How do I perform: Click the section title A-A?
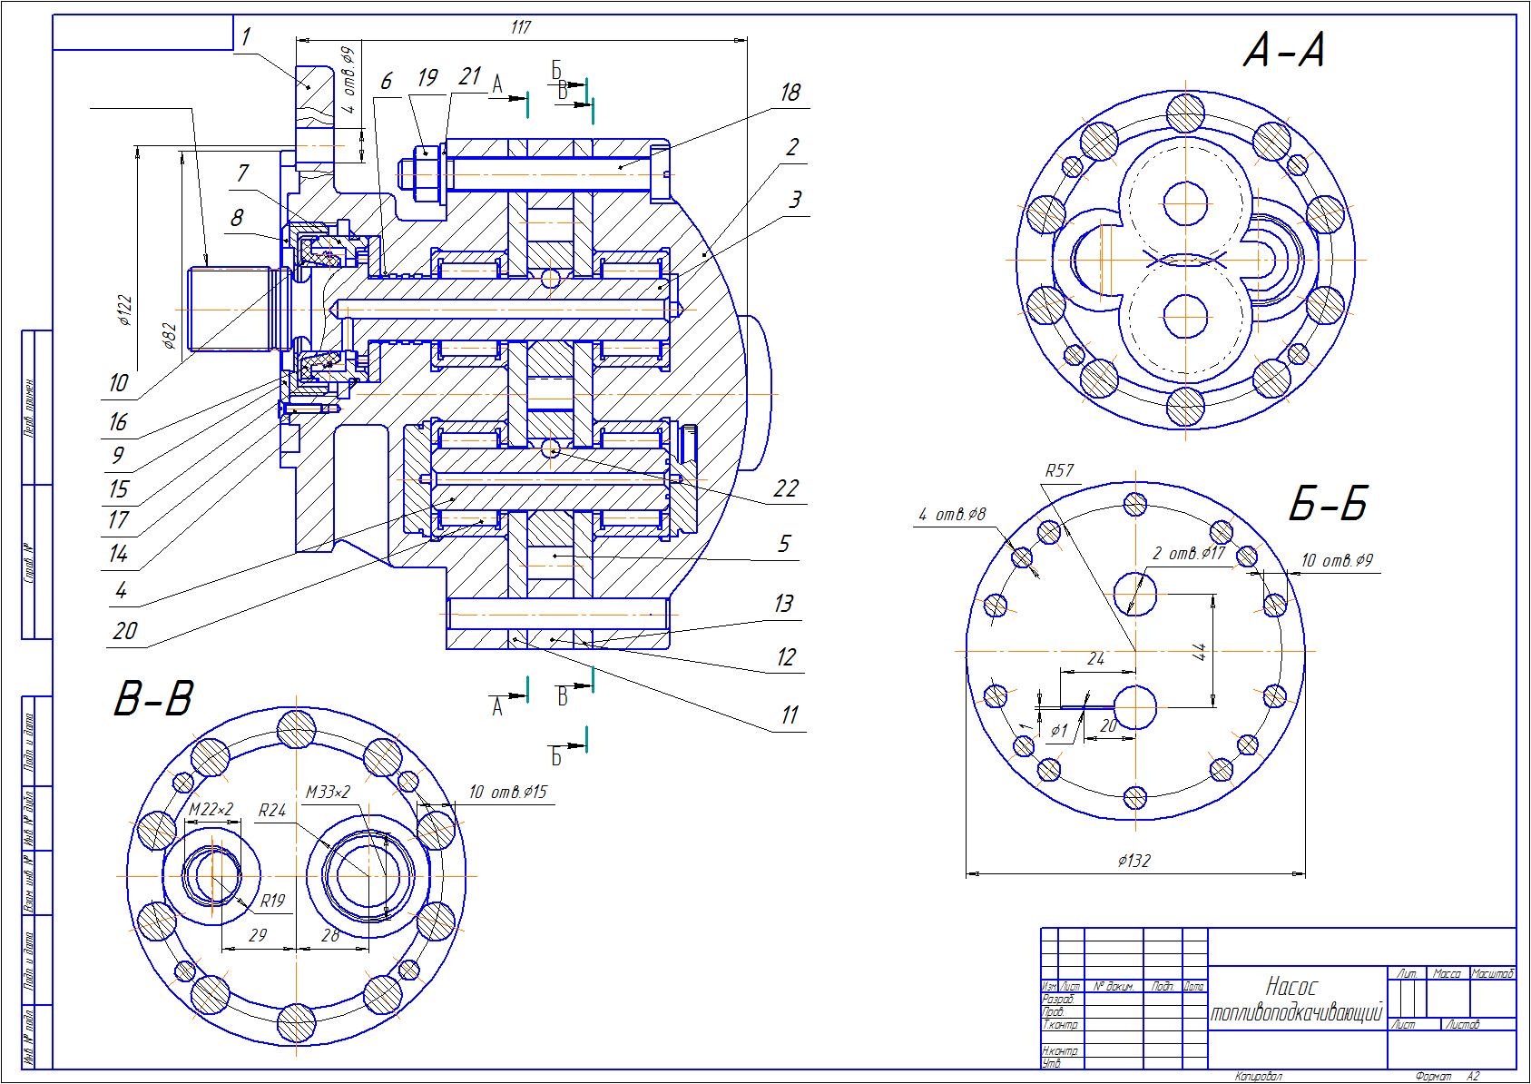[x=1282, y=52]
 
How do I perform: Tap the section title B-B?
[x=152, y=699]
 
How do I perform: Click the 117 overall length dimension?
[x=520, y=27]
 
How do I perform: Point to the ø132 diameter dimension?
[x=1134, y=860]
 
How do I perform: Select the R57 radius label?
[x=1059, y=470]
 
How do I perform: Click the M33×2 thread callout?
[x=329, y=792]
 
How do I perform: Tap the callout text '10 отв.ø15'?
[x=508, y=792]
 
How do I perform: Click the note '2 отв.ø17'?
[x=1188, y=553]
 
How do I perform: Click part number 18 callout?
[x=790, y=93]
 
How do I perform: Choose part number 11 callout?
[x=789, y=714]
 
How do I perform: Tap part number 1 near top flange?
[x=245, y=37]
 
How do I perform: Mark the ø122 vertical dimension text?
[x=123, y=310]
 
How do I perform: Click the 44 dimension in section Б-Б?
[x=1200, y=651]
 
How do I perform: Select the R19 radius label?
[x=272, y=902]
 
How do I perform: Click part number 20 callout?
[x=124, y=631]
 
